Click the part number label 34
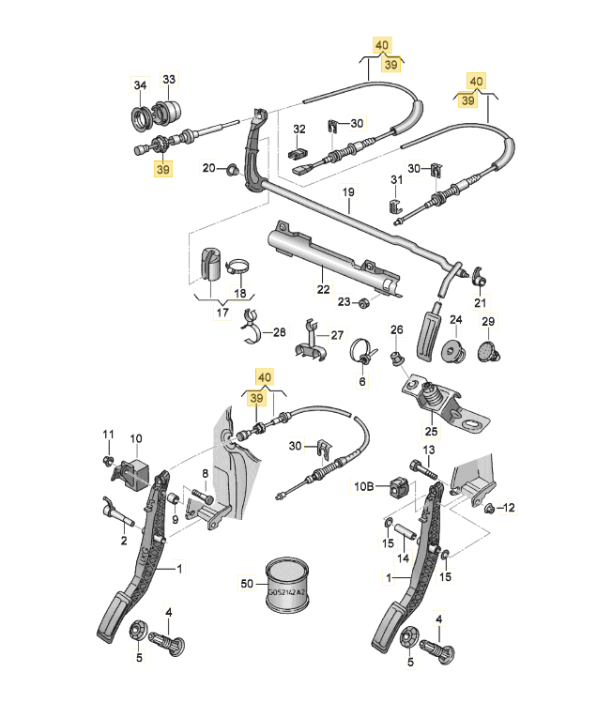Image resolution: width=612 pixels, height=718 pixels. [140, 85]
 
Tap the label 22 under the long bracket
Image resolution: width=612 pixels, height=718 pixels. [323, 290]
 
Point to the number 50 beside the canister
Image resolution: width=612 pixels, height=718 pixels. [247, 584]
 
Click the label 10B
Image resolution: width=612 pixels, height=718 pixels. [363, 486]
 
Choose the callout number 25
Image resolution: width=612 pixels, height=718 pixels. [431, 432]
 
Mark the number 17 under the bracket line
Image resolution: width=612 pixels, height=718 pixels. [222, 313]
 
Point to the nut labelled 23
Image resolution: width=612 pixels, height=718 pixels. [365, 301]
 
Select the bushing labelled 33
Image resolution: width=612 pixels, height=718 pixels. [169, 110]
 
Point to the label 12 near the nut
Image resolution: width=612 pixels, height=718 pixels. [510, 508]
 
